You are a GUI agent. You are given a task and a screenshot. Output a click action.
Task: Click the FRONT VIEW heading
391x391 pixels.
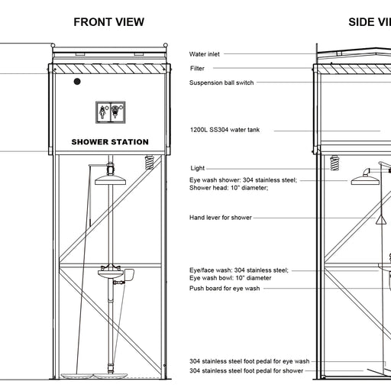click(109, 22)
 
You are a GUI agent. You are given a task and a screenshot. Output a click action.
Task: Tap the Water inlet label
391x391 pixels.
click(205, 54)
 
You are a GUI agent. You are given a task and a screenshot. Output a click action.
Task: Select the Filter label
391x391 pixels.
click(197, 68)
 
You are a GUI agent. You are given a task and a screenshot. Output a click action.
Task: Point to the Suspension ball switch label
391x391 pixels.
click(221, 82)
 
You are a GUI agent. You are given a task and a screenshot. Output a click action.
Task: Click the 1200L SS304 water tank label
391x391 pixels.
click(225, 130)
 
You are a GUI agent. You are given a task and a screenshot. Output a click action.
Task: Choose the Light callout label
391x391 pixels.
click(198, 168)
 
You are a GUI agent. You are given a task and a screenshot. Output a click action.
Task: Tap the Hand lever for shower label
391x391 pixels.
click(221, 218)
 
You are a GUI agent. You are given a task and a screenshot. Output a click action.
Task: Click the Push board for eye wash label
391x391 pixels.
click(225, 288)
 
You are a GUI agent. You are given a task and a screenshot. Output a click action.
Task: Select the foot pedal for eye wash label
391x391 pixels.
click(250, 361)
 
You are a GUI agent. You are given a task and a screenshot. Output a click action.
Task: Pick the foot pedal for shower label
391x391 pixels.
click(246, 370)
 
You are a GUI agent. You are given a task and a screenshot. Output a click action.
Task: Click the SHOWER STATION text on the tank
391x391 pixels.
click(110, 142)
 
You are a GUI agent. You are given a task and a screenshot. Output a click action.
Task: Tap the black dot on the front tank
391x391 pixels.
click(77, 82)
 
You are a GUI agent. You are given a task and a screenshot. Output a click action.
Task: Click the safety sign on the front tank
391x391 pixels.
click(111, 112)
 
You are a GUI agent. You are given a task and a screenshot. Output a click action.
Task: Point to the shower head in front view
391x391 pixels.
click(110, 179)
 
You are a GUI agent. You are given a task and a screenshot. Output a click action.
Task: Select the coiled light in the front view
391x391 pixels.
click(150, 163)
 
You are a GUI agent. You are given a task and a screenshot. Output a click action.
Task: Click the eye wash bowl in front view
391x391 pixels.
click(111, 274)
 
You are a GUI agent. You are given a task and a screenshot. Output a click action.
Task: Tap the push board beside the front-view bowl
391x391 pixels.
click(129, 275)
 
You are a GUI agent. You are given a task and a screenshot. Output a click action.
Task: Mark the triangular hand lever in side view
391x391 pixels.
click(382, 219)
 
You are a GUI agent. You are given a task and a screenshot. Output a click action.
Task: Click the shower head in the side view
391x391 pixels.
click(365, 181)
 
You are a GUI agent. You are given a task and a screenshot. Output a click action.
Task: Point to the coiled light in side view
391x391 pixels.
click(334, 163)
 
